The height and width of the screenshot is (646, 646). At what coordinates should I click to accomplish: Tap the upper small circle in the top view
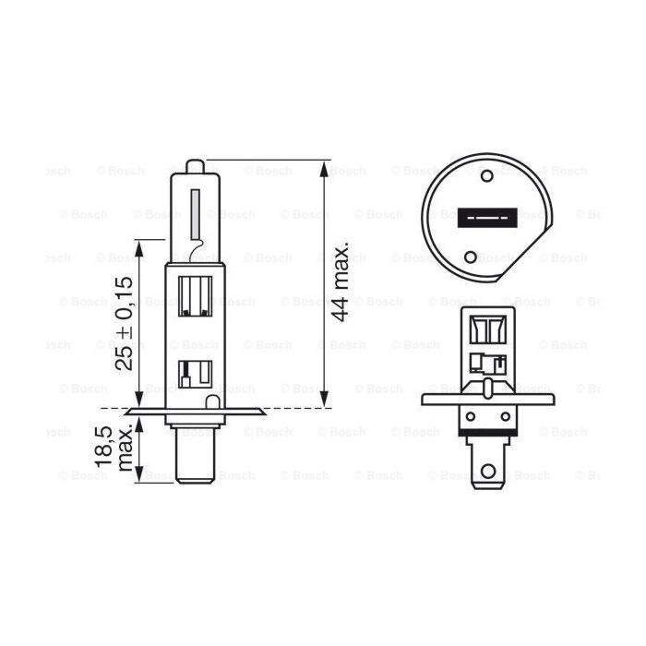(486, 173)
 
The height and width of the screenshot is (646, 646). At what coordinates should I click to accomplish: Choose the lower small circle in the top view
(473, 257)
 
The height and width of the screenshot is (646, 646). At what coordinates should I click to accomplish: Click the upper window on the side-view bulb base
(196, 295)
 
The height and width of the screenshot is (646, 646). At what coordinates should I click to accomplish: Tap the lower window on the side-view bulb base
(195, 373)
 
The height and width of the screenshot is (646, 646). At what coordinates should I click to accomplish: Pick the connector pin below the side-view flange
(195, 457)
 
